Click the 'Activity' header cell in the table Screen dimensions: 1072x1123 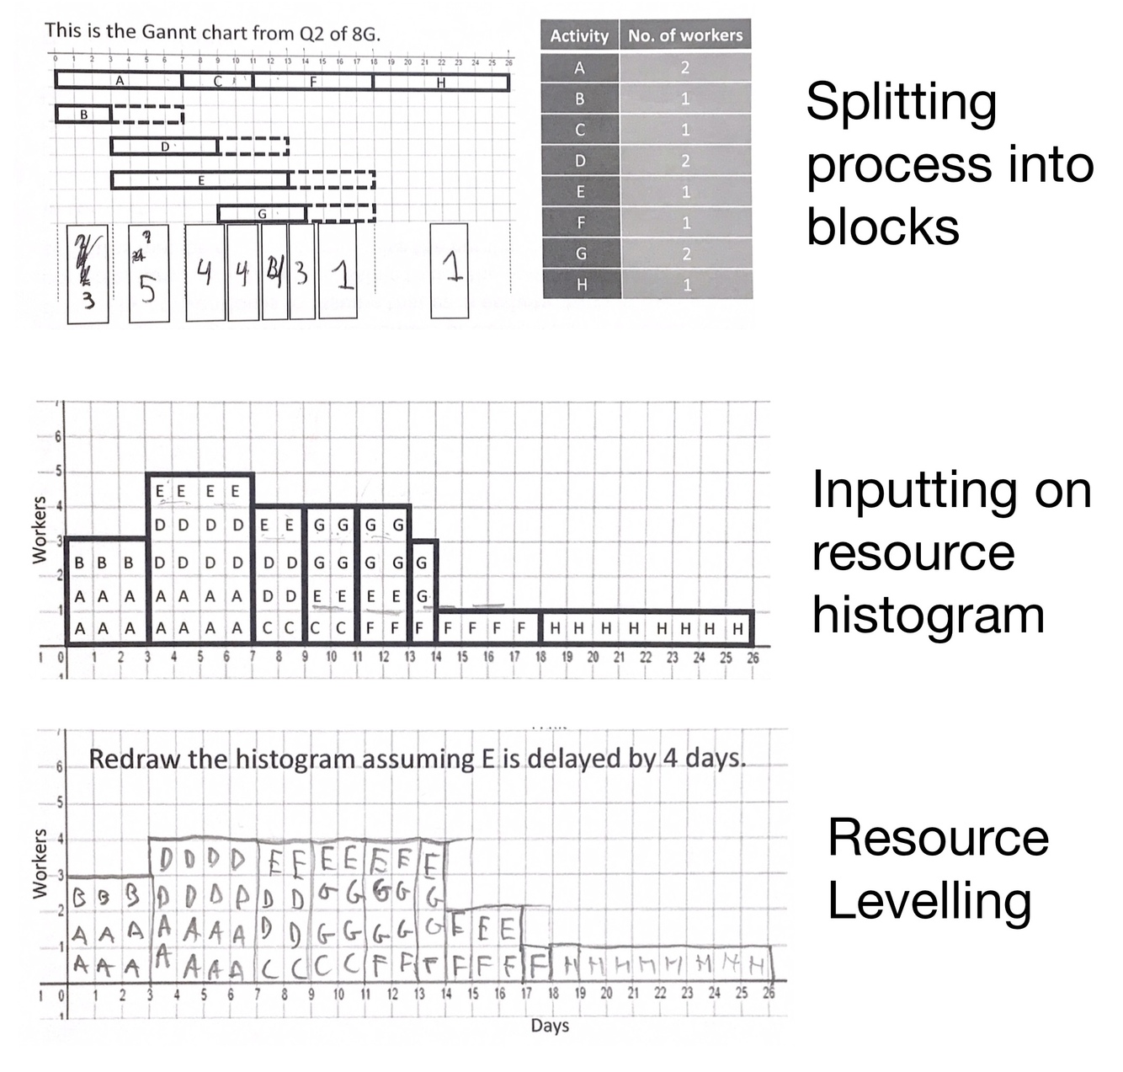(x=579, y=35)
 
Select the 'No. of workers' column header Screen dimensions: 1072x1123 (x=685, y=35)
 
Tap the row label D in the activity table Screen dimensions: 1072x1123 (x=579, y=161)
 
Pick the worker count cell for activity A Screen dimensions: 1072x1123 (x=685, y=67)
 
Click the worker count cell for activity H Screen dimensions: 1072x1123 (x=685, y=285)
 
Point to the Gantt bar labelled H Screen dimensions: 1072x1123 (x=440, y=83)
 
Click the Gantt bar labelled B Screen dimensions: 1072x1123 (x=83, y=114)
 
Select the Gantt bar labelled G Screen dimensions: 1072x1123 (x=262, y=214)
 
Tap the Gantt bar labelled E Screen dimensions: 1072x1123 (x=200, y=180)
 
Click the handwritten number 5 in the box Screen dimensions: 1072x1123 (x=147, y=289)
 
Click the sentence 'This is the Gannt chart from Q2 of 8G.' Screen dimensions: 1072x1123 (x=212, y=33)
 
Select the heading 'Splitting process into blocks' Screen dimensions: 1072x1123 (x=949, y=163)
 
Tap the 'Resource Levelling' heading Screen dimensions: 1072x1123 (x=938, y=868)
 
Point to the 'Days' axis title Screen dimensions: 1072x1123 (x=550, y=1026)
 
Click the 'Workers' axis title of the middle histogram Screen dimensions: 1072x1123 (x=39, y=529)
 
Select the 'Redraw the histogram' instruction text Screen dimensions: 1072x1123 (x=418, y=759)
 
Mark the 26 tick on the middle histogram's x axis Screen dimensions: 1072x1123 (x=753, y=658)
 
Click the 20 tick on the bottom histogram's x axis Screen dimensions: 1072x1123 (x=606, y=994)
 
